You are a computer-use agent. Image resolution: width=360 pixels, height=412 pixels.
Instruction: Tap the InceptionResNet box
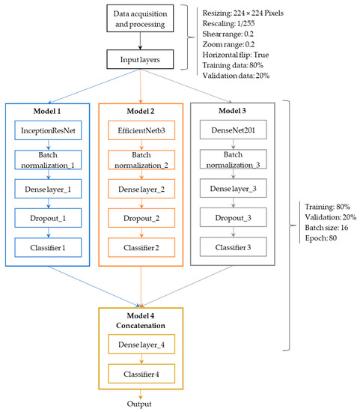coord(48,131)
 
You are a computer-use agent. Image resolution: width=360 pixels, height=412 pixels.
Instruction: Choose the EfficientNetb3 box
coord(141,131)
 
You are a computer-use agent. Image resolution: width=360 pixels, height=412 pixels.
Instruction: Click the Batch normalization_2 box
coord(141,160)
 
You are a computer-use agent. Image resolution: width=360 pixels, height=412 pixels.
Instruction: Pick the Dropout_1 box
coord(48,218)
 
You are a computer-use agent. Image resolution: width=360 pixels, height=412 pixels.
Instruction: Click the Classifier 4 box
coord(141,372)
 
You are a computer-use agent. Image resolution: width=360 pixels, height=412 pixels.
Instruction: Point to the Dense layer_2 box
coord(141,190)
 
